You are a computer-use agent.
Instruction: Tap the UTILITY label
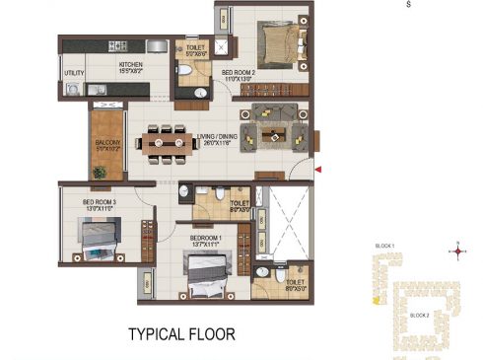74,72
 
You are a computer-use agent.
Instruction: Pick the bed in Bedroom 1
208,274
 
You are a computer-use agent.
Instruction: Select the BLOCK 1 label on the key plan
384,245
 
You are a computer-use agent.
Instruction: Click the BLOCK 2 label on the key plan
418,315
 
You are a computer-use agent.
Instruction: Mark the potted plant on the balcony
99,172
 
